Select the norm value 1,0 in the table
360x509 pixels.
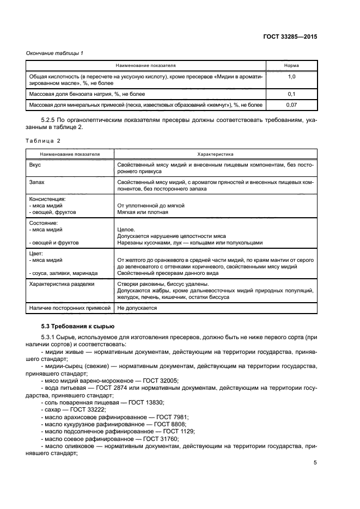291,77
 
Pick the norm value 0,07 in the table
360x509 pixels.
291,103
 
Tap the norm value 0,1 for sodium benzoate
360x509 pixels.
291,94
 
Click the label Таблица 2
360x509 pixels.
43,141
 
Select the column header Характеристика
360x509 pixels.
215,154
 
